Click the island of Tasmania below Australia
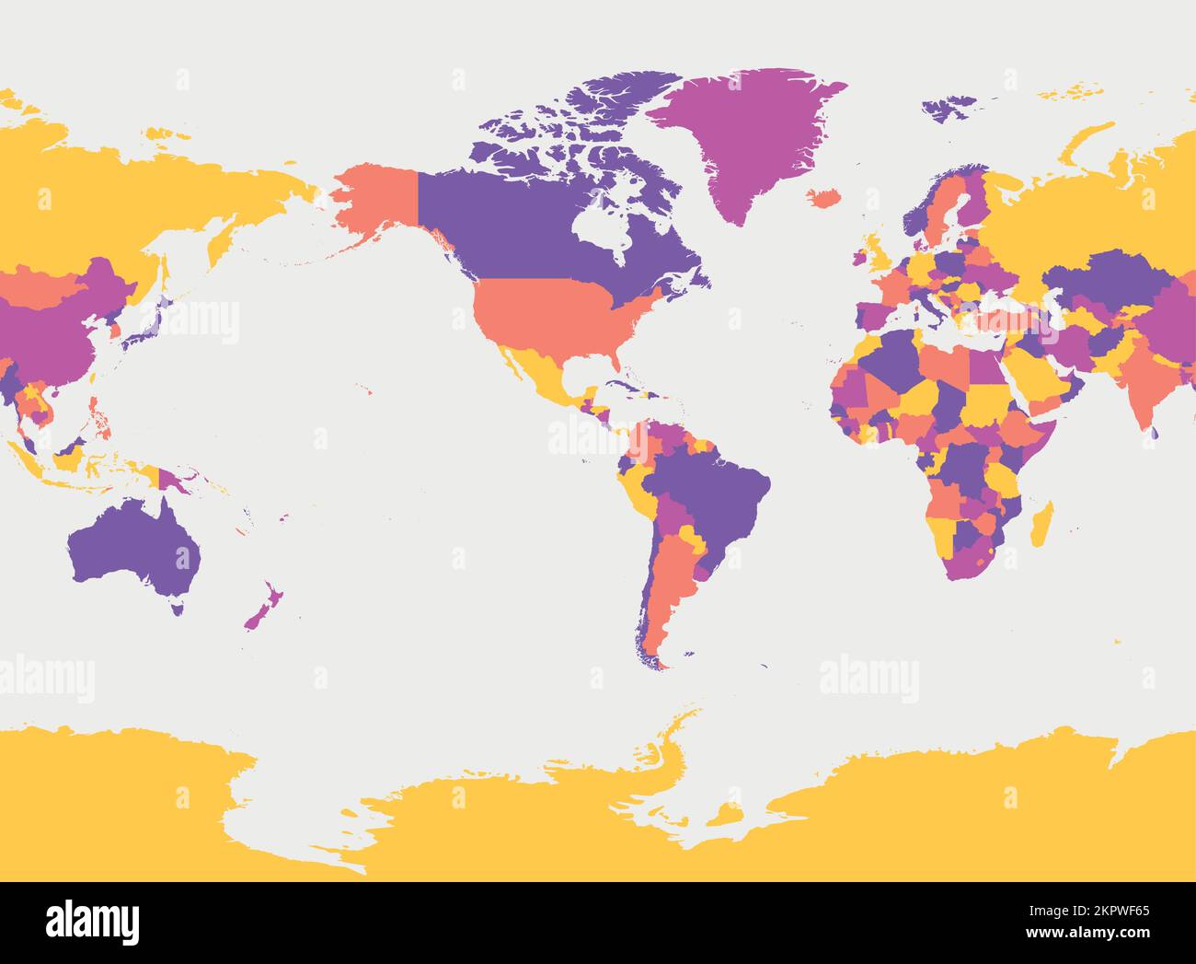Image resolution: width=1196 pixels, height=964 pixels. [177, 607]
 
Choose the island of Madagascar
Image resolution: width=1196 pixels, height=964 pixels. [1041, 525]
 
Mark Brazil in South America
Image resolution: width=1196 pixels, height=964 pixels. [708, 488]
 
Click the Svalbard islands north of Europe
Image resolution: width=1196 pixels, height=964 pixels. [948, 108]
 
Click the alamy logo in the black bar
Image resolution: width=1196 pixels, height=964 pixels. [92, 922]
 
